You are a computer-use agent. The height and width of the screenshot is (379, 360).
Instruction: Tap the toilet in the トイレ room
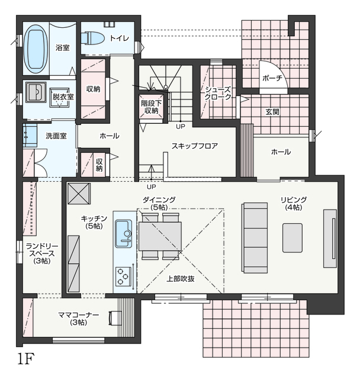[92, 38]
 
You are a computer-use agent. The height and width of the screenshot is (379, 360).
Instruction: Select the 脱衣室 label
[62, 97]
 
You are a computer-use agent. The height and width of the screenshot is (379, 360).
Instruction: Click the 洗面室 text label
[56, 136]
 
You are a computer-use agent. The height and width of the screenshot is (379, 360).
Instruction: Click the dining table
[160, 236]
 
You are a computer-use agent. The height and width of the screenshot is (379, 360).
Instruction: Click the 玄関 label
[272, 111]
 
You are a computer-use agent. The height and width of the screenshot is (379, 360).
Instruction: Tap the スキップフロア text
[195, 146]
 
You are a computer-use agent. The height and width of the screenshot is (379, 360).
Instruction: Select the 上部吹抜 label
[180, 278]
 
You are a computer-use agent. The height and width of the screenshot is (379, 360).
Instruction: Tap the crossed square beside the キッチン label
[78, 193]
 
